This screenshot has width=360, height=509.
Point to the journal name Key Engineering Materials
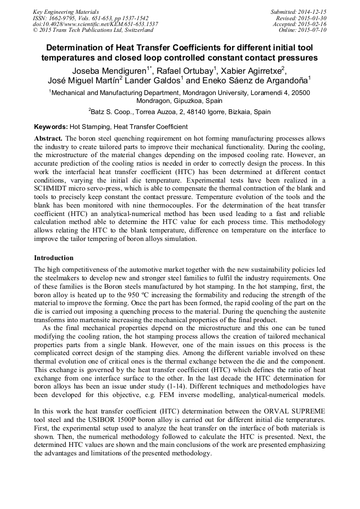65,12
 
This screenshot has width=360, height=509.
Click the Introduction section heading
54,258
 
